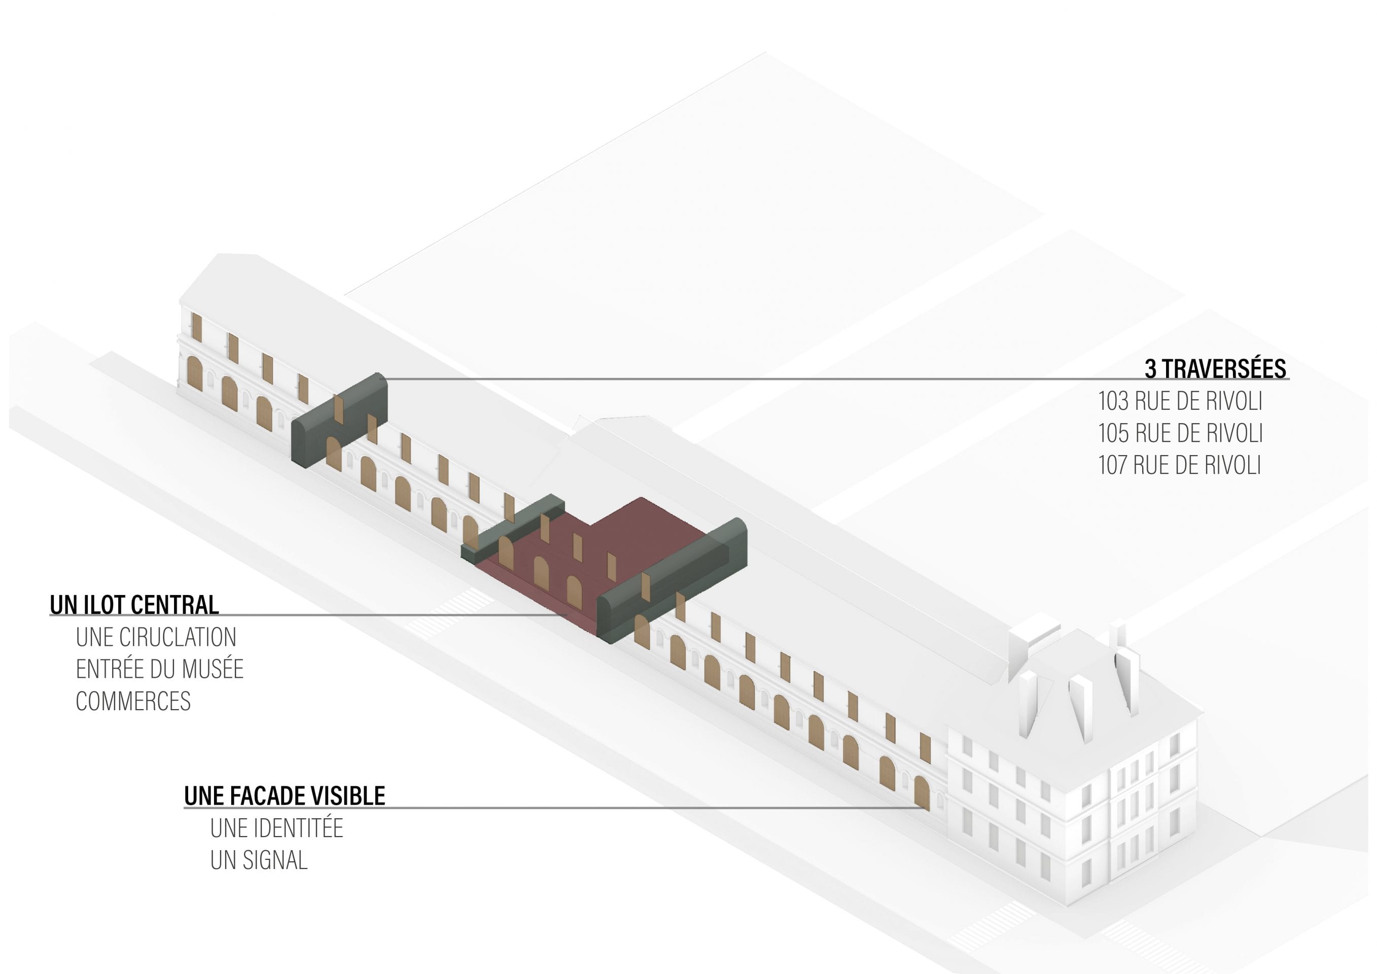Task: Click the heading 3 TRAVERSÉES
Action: pos(1215,368)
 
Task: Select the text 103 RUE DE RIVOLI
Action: pos(1180,401)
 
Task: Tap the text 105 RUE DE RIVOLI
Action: pos(1180,433)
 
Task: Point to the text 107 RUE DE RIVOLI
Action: pos(1179,465)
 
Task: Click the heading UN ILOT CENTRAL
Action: pos(134,605)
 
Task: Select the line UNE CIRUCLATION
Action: pos(156,637)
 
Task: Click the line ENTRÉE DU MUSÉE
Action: pos(160,669)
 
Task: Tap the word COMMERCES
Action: pos(133,701)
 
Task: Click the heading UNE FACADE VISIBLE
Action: pos(285,796)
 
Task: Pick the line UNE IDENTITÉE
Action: pos(276,828)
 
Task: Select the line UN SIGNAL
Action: pos(259,860)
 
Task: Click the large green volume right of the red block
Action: pos(672,580)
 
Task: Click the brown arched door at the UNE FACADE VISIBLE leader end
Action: pos(922,793)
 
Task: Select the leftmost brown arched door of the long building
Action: pos(194,374)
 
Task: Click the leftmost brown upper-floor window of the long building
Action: pos(197,328)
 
